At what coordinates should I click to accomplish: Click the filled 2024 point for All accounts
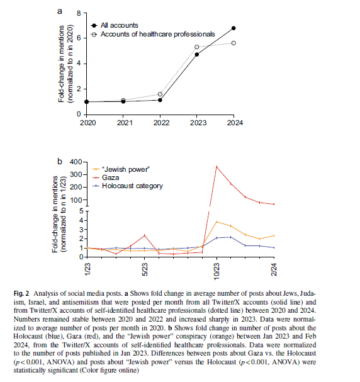point(233,28)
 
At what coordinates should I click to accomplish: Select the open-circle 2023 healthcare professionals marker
point(197,47)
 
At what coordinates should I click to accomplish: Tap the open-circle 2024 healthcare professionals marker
point(233,43)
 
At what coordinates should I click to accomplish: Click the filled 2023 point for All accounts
point(197,55)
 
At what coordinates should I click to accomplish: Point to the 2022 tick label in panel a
point(161,123)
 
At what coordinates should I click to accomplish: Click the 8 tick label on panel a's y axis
point(79,13)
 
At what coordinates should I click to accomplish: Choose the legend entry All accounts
point(120,25)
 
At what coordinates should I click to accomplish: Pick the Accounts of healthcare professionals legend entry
point(158,34)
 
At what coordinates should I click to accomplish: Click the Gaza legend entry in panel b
point(110,177)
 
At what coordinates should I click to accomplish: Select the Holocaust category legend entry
point(132,186)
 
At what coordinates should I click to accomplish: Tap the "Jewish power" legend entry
point(125,169)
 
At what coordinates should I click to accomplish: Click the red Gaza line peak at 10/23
point(217,167)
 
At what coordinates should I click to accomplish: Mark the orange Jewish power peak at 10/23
point(217,222)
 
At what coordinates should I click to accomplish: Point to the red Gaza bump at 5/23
point(145,235)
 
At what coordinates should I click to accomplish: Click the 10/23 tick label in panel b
point(217,271)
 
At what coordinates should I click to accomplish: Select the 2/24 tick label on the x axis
point(274,270)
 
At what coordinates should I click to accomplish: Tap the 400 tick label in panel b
point(76,162)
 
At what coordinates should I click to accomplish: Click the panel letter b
point(60,162)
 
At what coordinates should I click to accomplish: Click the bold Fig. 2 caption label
point(21,293)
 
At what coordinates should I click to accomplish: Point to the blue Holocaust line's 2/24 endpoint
point(274,247)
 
